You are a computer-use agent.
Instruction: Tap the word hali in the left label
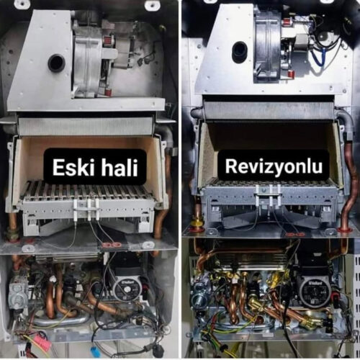coord(120,167)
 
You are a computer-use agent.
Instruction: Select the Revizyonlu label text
coord(274,166)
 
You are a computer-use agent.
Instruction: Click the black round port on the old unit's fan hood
coord(56,63)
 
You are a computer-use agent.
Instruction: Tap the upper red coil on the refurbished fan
coord(286,23)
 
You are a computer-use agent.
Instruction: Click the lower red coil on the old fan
coord(109,91)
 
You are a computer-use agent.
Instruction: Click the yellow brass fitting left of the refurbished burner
coord(196,221)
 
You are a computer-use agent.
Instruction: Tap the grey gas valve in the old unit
coord(19,294)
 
